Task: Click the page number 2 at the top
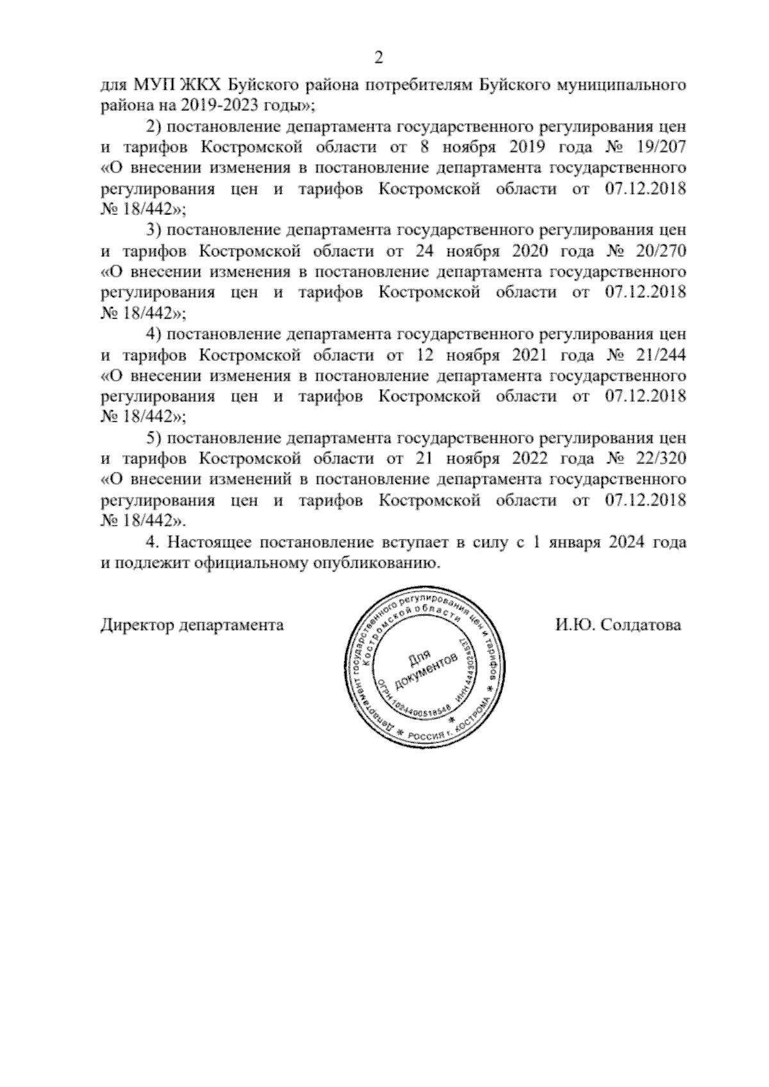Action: tap(379, 58)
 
